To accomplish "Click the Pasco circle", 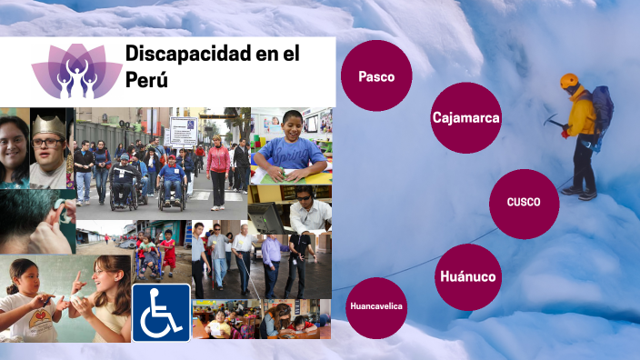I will point(376,76).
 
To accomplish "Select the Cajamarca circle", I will point(466,117).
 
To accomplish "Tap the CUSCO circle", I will point(524,203).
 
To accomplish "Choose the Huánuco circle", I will point(467,276).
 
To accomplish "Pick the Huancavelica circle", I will point(376,306).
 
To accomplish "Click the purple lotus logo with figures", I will point(76,71).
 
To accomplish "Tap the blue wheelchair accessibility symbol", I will point(161,312).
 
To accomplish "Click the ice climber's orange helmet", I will point(569,81).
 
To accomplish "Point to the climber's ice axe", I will point(552,119).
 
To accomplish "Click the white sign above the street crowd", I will point(183,132).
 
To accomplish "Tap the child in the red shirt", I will point(167,250).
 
